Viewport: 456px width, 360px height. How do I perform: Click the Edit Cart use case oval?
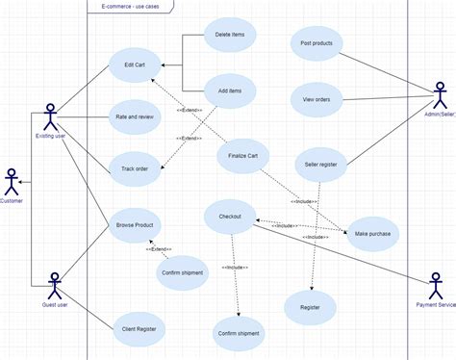(135, 64)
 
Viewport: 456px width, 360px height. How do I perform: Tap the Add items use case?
(230, 90)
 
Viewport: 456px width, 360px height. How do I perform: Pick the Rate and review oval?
(135, 117)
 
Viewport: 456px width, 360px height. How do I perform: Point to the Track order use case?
(135, 168)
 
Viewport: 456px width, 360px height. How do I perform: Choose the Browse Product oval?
(135, 224)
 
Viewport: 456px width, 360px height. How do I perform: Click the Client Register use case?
(139, 328)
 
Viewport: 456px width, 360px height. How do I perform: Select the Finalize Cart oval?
(242, 156)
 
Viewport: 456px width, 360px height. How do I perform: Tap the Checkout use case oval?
(230, 217)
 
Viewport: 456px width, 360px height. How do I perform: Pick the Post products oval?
(317, 43)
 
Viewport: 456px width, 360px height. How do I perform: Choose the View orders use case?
(317, 97)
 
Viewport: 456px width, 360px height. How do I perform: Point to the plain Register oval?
(311, 307)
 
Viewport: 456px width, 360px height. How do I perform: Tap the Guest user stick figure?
(53, 286)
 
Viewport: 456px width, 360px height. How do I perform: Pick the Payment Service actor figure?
(437, 285)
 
